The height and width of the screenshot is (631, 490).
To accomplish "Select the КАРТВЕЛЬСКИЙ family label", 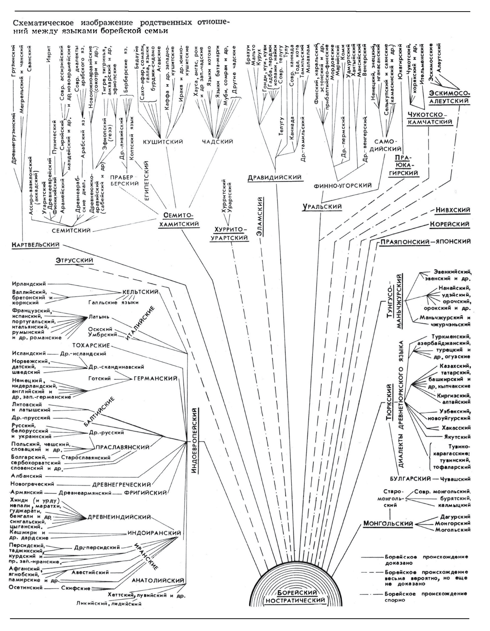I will pyautogui.click(x=36, y=245).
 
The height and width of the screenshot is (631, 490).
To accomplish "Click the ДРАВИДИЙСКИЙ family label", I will pyautogui.click(x=275, y=177).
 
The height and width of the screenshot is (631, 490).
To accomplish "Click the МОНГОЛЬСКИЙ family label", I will pyautogui.click(x=388, y=524).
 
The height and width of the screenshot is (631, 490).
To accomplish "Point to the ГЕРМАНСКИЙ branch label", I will pyautogui.click(x=156, y=379).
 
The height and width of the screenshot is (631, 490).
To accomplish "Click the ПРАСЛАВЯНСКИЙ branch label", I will pyautogui.click(x=123, y=448).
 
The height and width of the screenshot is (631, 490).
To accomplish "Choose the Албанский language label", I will pyautogui.click(x=27, y=476).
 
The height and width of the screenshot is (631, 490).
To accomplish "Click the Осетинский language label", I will pyautogui.click(x=26, y=587).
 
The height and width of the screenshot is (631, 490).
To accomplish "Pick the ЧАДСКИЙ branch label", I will pyautogui.click(x=217, y=142).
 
